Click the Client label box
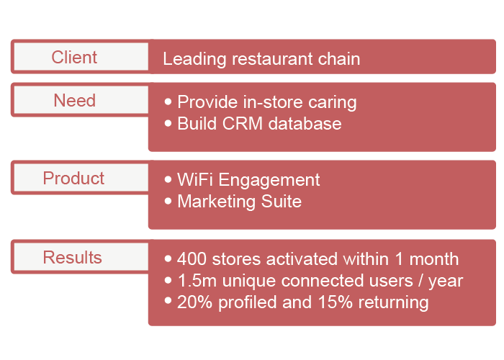click(81, 57)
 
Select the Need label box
click(81, 99)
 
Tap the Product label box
click(81, 178)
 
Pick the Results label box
click(81, 257)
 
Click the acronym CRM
click(243, 123)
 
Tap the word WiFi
click(195, 179)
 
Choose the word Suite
click(282, 202)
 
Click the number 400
click(192, 258)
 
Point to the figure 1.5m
click(197, 281)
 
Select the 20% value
click(194, 302)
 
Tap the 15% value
click(336, 302)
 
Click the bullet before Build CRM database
click(168, 123)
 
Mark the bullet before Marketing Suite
click(168, 201)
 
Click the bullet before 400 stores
click(168, 258)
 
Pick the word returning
click(393, 303)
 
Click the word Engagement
click(269, 180)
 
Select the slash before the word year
click(420, 281)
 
